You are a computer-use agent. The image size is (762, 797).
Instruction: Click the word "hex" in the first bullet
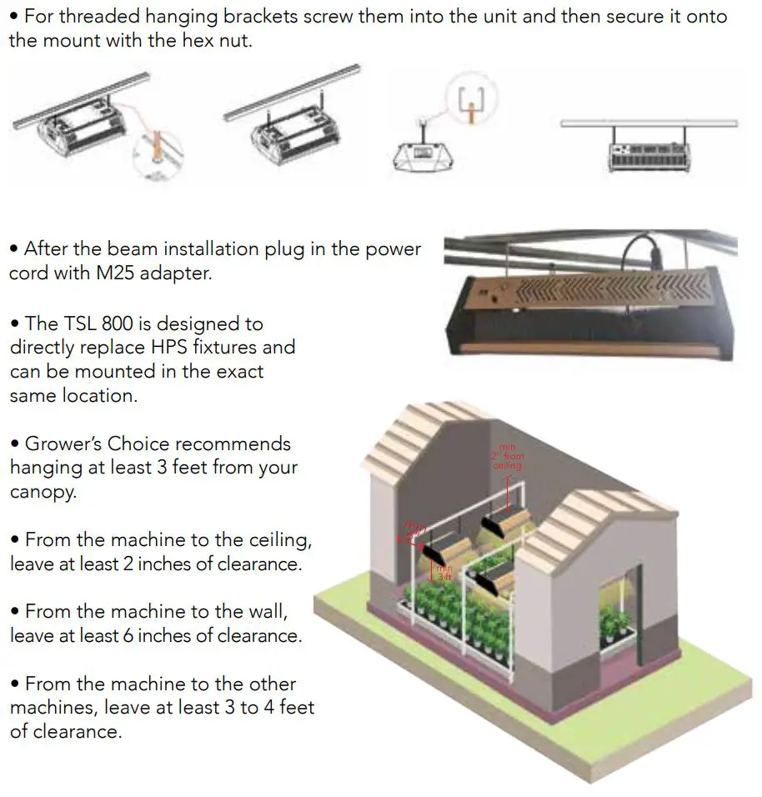point(201,40)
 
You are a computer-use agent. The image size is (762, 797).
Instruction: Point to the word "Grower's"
point(63,444)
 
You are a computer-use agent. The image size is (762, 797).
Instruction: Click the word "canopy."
point(43,492)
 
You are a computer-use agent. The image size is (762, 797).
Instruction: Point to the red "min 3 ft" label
point(444,573)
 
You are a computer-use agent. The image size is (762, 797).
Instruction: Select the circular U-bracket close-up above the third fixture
point(469,103)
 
